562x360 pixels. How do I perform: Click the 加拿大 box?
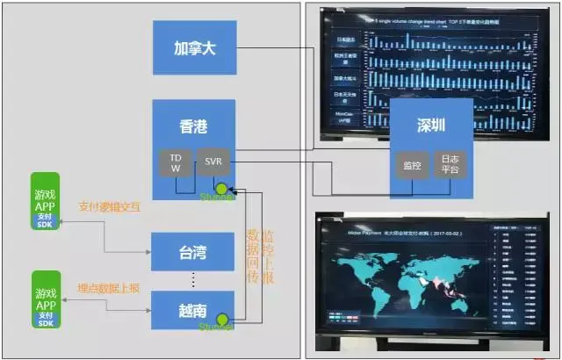click(x=194, y=47)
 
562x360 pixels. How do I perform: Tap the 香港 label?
click(x=193, y=126)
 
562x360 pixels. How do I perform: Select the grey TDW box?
click(x=175, y=162)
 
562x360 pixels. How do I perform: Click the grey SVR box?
click(x=213, y=162)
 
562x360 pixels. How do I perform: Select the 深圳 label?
click(x=430, y=126)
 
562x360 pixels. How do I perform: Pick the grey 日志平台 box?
click(x=450, y=163)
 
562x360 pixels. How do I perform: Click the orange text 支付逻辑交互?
click(x=109, y=207)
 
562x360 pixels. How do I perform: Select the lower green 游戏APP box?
click(x=47, y=299)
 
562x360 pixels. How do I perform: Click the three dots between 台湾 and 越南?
click(x=193, y=280)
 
